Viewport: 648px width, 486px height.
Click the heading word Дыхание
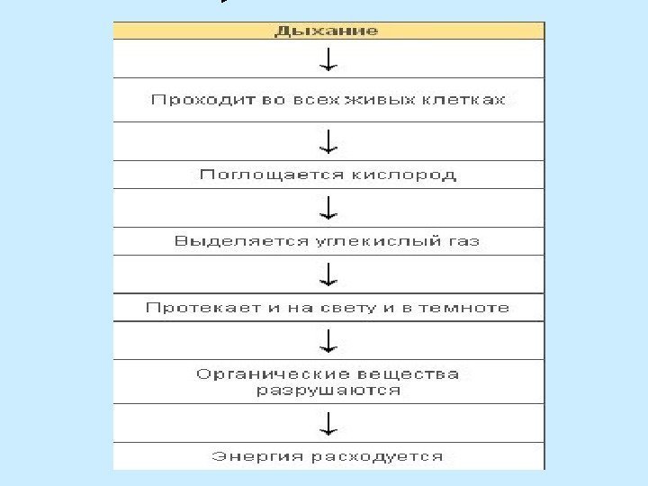point(327,31)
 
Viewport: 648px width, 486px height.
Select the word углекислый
point(358,241)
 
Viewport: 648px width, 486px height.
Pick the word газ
point(459,241)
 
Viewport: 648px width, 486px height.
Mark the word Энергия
point(249,456)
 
